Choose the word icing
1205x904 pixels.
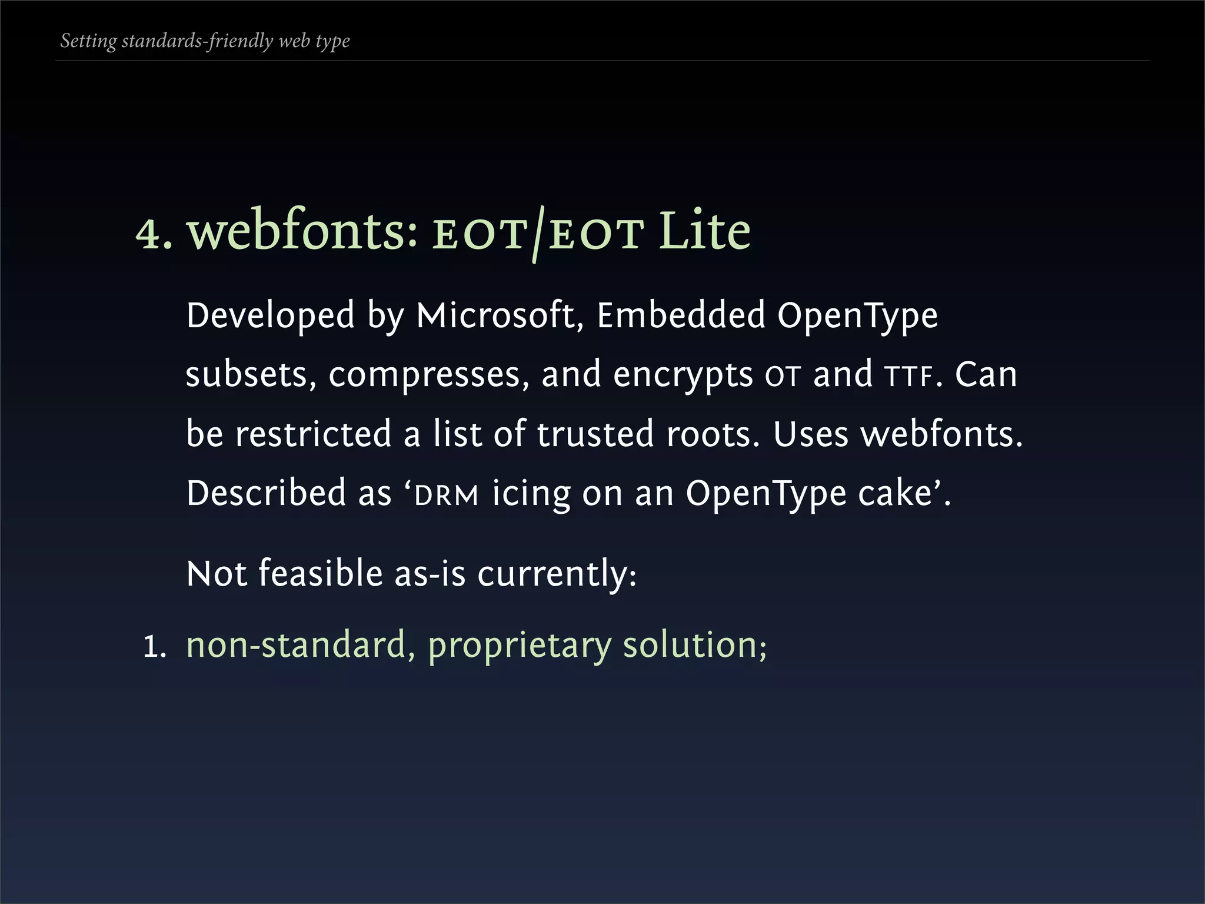[531, 494]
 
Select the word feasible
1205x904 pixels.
[321, 573]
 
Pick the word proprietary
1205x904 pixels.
[520, 646]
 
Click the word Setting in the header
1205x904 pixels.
[89, 41]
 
